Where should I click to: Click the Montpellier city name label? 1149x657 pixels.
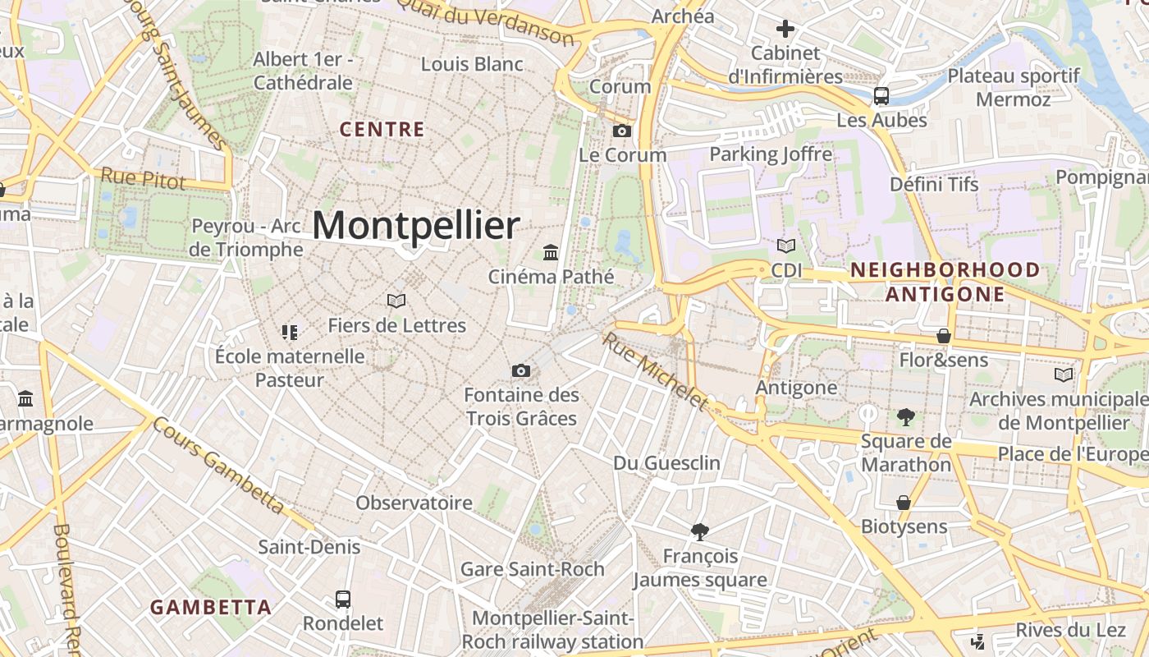(x=416, y=225)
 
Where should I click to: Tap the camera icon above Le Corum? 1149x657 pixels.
(x=622, y=131)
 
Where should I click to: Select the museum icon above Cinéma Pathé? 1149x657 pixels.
(x=551, y=252)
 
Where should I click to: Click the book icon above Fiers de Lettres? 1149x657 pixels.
(x=396, y=301)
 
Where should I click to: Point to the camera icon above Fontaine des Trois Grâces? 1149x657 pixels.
(x=521, y=370)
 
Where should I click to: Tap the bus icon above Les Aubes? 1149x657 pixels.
(x=881, y=96)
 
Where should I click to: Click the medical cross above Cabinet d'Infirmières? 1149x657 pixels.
(x=785, y=30)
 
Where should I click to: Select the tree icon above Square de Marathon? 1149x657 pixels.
(x=906, y=417)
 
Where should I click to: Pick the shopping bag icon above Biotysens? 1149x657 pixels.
(x=904, y=502)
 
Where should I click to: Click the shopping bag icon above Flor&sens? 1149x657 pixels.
(x=944, y=336)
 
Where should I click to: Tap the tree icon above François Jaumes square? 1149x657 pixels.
(x=700, y=532)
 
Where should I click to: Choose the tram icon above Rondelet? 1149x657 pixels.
(x=343, y=600)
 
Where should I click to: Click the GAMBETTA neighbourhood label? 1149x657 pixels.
(x=211, y=608)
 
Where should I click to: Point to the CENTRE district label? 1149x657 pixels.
(x=382, y=130)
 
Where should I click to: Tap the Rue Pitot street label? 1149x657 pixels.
(x=143, y=178)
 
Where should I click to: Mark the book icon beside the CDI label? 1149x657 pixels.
(x=786, y=246)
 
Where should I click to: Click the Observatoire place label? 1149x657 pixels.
(x=414, y=503)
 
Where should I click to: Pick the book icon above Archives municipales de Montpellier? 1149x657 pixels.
(x=1063, y=374)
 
